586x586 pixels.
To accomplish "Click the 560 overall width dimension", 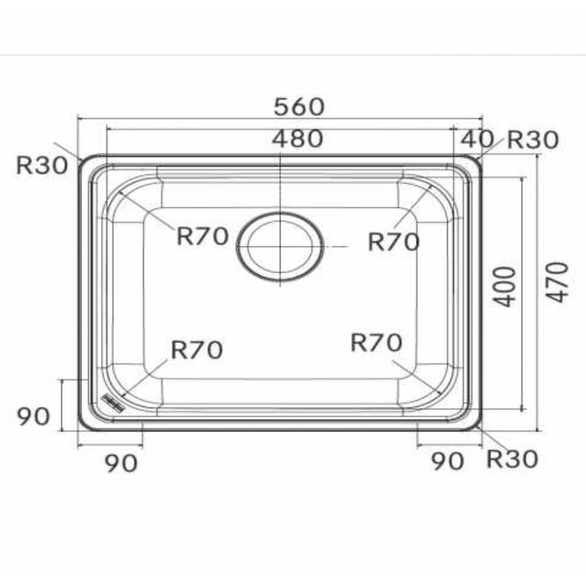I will click(299, 107).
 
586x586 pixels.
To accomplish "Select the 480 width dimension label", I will click(298, 139).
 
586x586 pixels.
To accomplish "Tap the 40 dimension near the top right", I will click(477, 139).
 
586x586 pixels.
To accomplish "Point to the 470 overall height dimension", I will click(558, 282).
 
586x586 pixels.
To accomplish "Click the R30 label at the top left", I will click(42, 165).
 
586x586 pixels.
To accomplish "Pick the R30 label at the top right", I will click(533, 141).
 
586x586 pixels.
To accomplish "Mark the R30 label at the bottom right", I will click(512, 459).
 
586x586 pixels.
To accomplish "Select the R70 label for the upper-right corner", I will click(394, 241).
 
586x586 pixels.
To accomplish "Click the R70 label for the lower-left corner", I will click(196, 350).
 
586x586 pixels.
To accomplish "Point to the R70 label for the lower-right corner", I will click(376, 343).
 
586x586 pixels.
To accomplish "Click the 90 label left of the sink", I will click(34, 417).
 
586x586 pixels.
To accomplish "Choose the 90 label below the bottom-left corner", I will click(121, 463).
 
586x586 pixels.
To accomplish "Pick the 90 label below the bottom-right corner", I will click(448, 461).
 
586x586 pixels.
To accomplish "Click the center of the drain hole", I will click(280, 246).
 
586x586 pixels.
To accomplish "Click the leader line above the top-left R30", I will click(68, 151).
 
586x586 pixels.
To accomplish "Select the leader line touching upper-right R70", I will click(412, 206).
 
